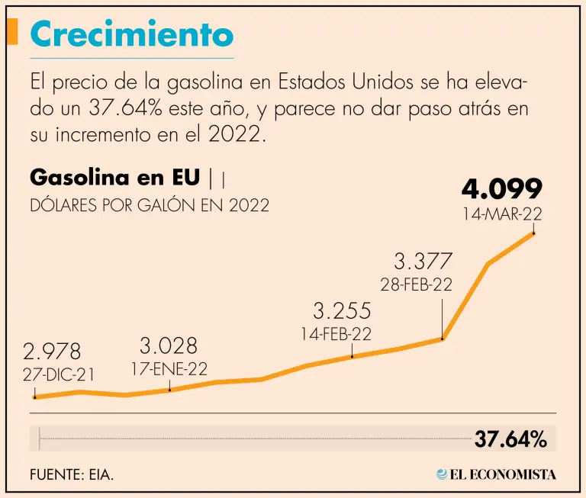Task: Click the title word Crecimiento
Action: tap(132, 34)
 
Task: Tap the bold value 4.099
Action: tap(501, 189)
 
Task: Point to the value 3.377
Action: tap(423, 262)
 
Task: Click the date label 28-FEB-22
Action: tap(417, 284)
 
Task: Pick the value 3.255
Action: tap(342, 311)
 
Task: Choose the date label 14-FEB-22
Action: tap(336, 333)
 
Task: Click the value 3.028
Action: tap(168, 346)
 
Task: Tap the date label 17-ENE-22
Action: tap(169, 368)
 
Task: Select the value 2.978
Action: tap(52, 352)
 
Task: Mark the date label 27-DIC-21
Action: tap(58, 374)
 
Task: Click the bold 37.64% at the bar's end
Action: tap(510, 440)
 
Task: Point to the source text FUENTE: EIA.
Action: tap(72, 474)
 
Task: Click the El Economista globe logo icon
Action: tap(442, 474)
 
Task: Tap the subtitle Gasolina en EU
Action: tap(115, 178)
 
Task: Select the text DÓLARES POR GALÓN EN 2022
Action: tap(150, 206)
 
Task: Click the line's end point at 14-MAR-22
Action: tap(533, 233)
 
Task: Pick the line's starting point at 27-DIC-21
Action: tap(34, 397)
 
